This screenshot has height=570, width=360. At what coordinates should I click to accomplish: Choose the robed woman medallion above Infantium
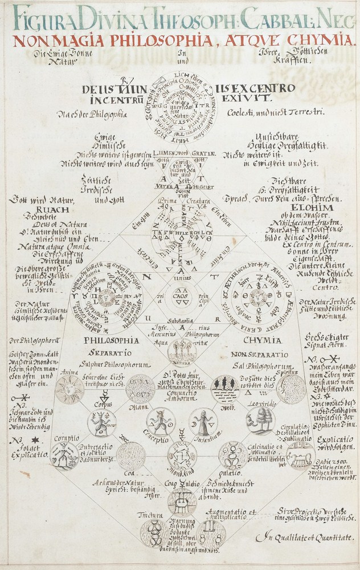pos(203,422)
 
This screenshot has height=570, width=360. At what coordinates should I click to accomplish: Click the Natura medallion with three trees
pos(182,352)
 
